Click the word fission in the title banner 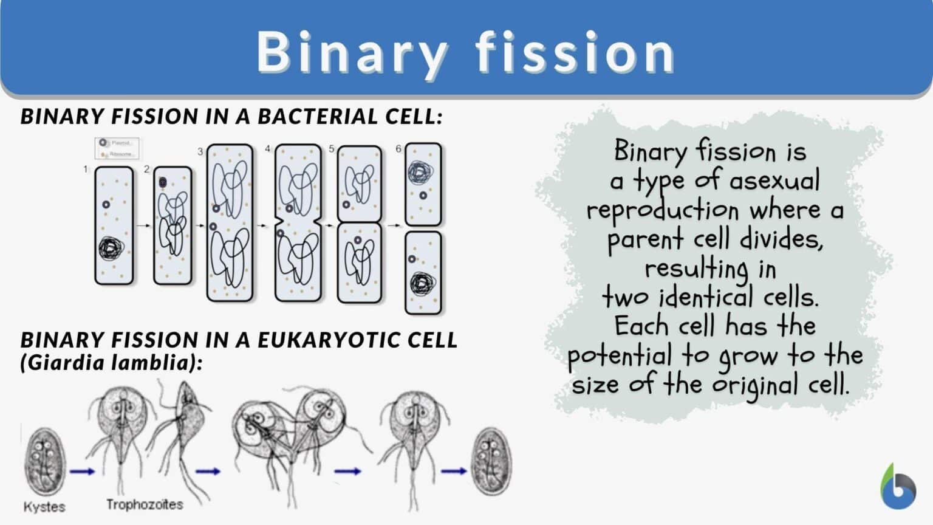pyautogui.click(x=575, y=52)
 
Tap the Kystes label pyautogui.click(x=44, y=506)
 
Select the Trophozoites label pyautogui.click(x=144, y=504)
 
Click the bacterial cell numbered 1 pyautogui.click(x=114, y=225)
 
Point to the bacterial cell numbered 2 pyautogui.click(x=173, y=225)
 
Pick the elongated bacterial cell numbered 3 pyautogui.click(x=230, y=222)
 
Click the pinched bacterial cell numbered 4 pyautogui.click(x=298, y=222)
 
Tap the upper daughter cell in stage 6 pyautogui.click(x=423, y=184)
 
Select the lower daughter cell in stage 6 pyautogui.click(x=423, y=272)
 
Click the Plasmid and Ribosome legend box pyautogui.click(x=117, y=148)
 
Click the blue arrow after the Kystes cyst pyautogui.click(x=82, y=471)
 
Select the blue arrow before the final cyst pyautogui.click(x=454, y=471)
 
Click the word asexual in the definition pyautogui.click(x=774, y=181)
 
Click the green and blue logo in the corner pyautogui.click(x=898, y=487)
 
